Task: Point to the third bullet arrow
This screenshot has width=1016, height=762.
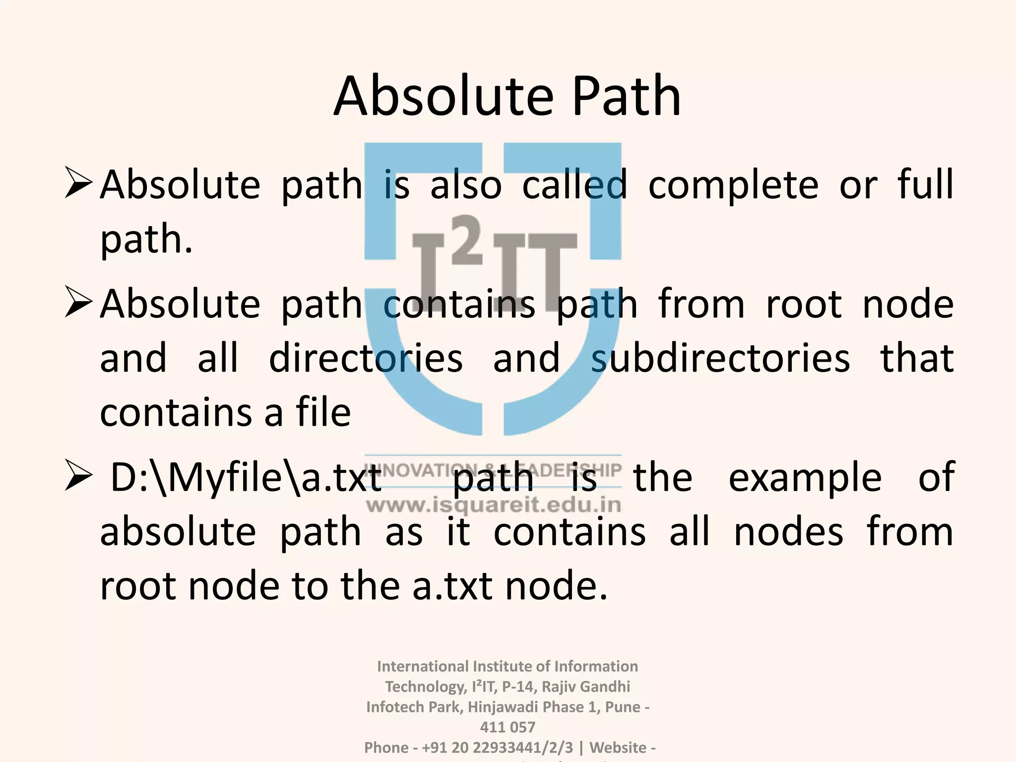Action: pyautogui.click(x=78, y=477)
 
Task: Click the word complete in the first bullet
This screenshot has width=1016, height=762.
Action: pyautogui.click(x=733, y=186)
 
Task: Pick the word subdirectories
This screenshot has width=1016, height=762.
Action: pyautogui.click(x=720, y=358)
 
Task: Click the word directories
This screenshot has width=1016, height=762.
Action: pyautogui.click(x=366, y=358)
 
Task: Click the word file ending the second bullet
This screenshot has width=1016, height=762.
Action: pyautogui.click(x=323, y=413)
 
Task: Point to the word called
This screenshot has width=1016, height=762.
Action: pyautogui.click(x=574, y=185)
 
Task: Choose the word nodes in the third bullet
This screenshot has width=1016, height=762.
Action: pyautogui.click(x=788, y=532)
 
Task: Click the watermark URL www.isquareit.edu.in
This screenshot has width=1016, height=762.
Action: pyautogui.click(x=494, y=506)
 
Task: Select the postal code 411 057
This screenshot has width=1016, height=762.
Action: pyautogui.click(x=508, y=727)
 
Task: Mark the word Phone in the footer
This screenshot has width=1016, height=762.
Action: pyautogui.click(x=386, y=748)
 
